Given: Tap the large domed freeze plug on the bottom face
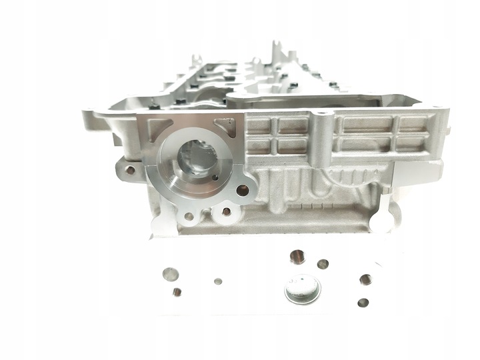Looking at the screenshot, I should click(302, 288).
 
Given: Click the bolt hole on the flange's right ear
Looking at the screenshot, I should click(243, 191).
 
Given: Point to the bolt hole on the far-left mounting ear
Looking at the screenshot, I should click(131, 170).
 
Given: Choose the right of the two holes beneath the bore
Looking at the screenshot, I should click(226, 212).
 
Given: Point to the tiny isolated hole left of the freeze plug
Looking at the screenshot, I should click(217, 281).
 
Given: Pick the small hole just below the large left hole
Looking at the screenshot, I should click(177, 291).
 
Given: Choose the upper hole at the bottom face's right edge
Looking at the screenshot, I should click(365, 279).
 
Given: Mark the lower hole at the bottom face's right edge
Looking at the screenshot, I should click(362, 302).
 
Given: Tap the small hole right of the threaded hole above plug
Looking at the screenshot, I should click(323, 264).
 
